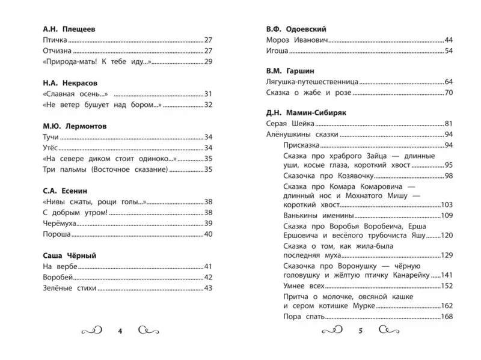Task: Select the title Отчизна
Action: click(x=59, y=50)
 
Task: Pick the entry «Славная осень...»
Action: click(x=75, y=94)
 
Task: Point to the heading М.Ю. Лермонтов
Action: click(x=76, y=126)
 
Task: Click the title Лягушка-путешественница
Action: click(x=312, y=82)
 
